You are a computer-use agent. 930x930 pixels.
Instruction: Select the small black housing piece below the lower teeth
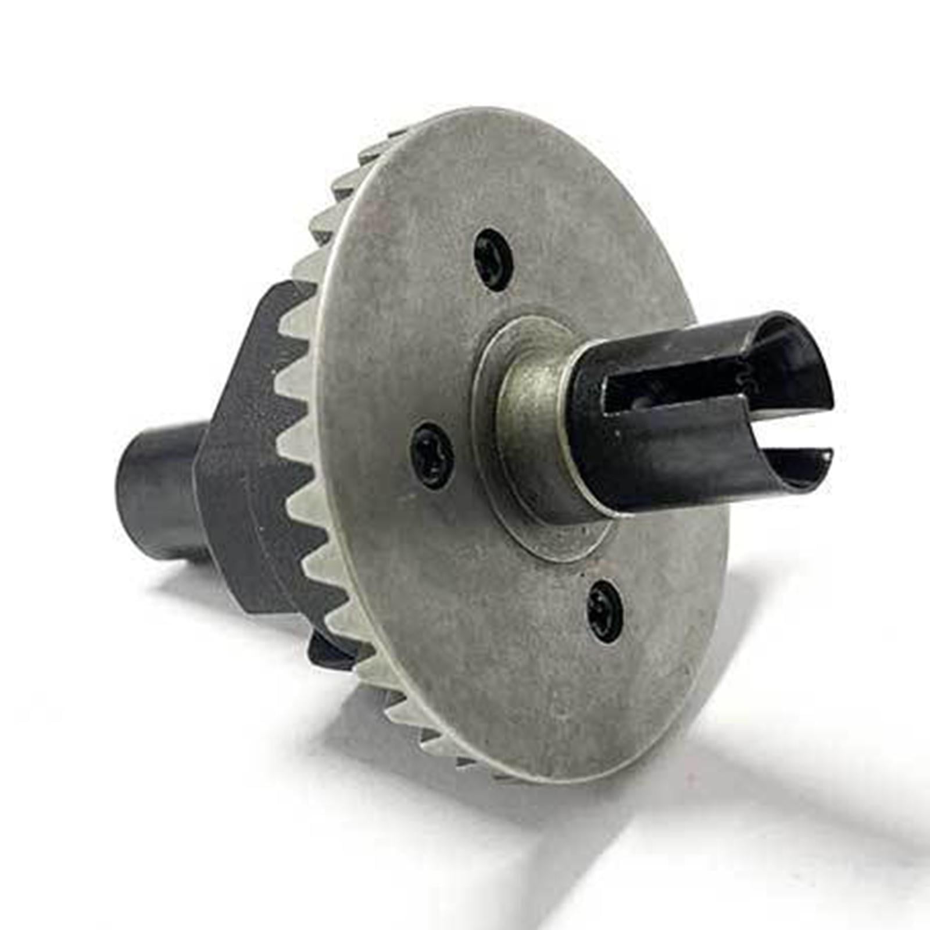[x=331, y=651]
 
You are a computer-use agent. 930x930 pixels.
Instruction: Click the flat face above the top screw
[x=500, y=174]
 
